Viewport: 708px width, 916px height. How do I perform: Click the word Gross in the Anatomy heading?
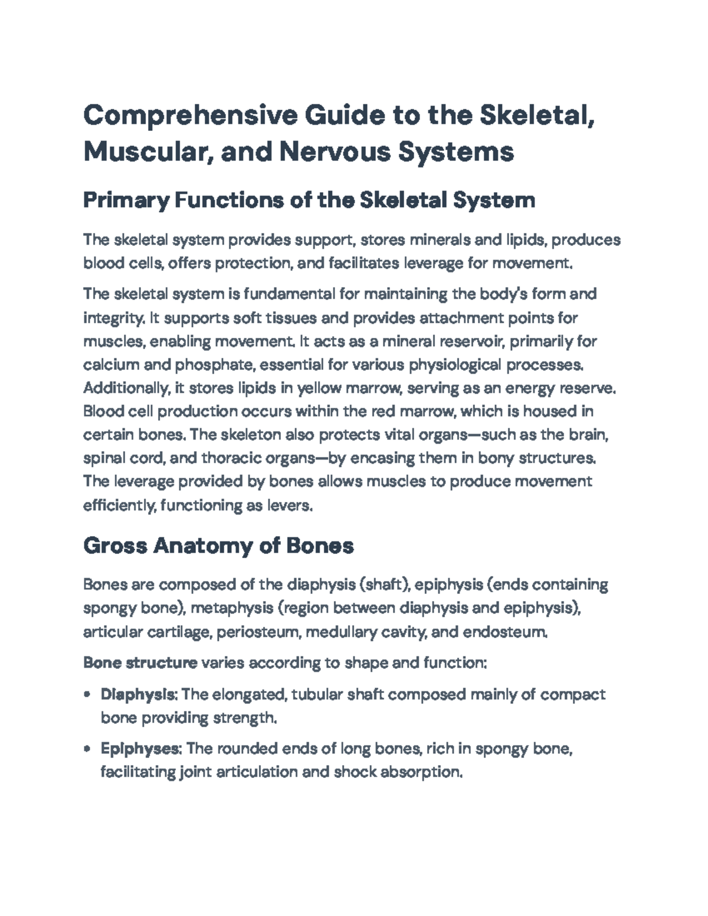[115, 546]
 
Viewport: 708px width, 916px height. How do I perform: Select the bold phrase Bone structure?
[140, 663]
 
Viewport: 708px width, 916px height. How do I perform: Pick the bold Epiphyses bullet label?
[140, 748]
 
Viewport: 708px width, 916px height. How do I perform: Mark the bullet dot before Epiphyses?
[87, 749]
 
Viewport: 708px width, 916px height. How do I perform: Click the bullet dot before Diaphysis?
[87, 695]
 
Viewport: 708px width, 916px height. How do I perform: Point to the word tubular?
[316, 694]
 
